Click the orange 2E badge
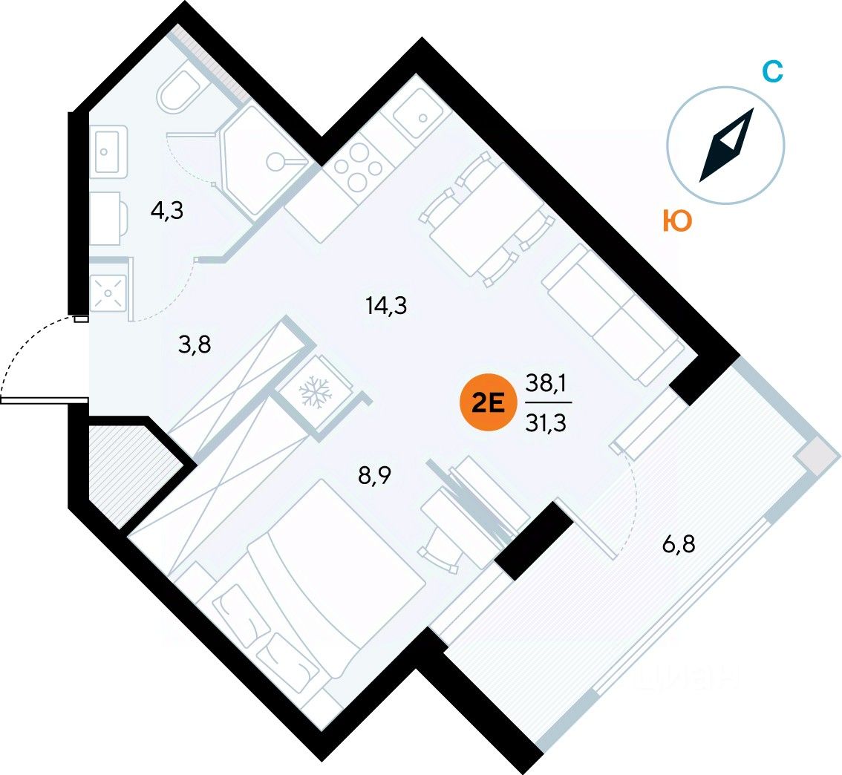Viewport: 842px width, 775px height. [488, 403]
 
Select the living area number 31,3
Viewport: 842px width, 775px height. [546, 423]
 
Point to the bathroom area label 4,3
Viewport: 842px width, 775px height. [167, 211]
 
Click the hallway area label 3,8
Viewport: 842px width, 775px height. [195, 344]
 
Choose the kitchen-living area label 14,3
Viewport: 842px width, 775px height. [386, 305]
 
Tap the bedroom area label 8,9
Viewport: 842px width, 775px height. [375, 475]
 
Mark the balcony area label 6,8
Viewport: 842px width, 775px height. [679, 545]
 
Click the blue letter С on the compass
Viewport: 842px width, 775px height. [773, 71]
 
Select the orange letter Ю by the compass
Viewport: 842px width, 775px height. [677, 220]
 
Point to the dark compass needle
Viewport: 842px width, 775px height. [726, 145]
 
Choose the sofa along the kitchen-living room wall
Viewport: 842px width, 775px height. [613, 315]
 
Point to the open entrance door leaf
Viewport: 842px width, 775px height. [44, 399]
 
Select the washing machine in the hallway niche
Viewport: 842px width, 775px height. [108, 293]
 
